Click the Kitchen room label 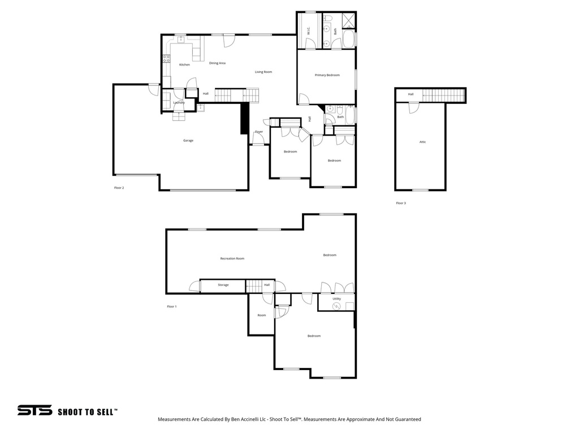[x=184, y=65]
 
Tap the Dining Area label [x=217, y=63]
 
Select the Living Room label [x=263, y=72]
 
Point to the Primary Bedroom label [x=327, y=75]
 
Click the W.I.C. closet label [x=309, y=32]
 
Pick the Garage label [x=188, y=141]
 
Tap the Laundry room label [x=179, y=103]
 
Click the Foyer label [x=259, y=132]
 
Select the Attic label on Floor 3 [x=422, y=142]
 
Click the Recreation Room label [x=232, y=259]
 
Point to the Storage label [x=223, y=285]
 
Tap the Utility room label [x=336, y=298]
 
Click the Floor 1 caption [x=172, y=306]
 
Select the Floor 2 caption [x=119, y=188]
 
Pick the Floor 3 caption [x=400, y=203]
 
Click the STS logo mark [x=34, y=410]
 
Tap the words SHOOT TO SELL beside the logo [x=87, y=412]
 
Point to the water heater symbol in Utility [x=336, y=307]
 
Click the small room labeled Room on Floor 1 [x=261, y=315]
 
